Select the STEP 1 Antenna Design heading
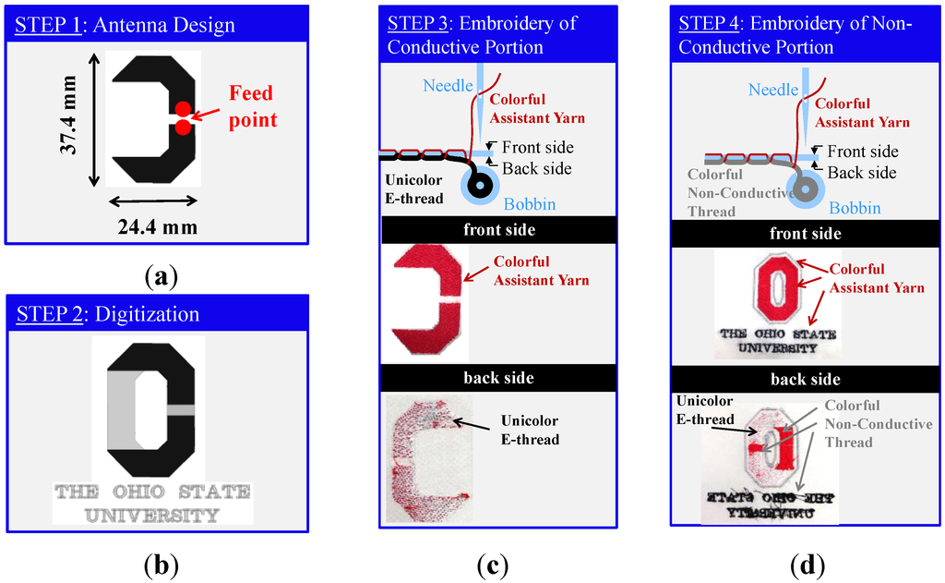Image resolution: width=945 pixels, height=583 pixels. (x=126, y=25)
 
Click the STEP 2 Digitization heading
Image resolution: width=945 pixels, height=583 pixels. (x=107, y=314)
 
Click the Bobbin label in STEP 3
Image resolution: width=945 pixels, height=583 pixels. (x=531, y=204)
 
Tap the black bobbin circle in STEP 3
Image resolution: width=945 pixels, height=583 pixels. (x=481, y=185)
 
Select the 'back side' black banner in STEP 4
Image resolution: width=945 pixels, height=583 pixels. (x=806, y=380)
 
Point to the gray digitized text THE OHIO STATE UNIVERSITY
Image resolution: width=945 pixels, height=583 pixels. (x=152, y=503)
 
